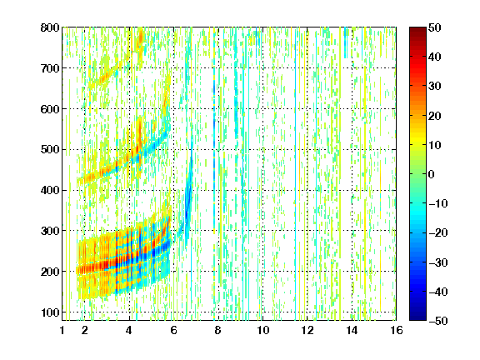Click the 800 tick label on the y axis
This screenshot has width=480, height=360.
click(50, 27)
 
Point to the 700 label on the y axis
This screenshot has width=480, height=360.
click(50, 68)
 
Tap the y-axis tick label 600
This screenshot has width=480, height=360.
click(50, 109)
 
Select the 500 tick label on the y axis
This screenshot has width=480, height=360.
click(50, 150)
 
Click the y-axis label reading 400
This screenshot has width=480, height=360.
click(50, 190)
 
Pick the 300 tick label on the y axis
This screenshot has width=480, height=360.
click(50, 231)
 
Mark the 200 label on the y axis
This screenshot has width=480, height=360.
click(50, 272)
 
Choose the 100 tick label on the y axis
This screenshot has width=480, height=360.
click(50, 312)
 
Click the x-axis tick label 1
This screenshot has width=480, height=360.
click(62, 330)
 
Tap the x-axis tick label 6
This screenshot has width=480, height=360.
click(173, 330)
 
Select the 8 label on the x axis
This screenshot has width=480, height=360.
click(217, 330)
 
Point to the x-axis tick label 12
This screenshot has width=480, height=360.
click(307, 330)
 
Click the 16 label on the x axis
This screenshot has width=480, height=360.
click(397, 330)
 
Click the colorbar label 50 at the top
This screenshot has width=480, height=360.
click(434, 27)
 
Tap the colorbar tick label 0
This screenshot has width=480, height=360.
click(432, 174)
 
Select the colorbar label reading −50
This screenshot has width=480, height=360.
click(438, 321)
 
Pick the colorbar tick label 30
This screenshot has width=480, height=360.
click(434, 87)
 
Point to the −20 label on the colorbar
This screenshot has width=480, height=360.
click(438, 233)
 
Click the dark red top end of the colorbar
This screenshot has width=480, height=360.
click(417, 29)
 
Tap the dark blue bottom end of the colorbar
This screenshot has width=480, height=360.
click(417, 318)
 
